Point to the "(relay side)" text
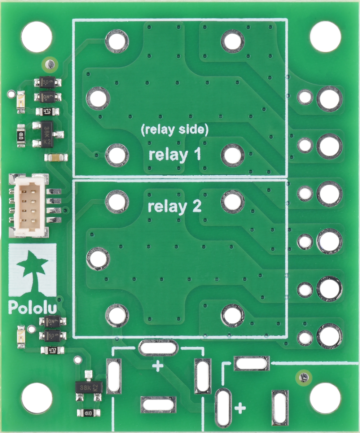pyautogui.click(x=175, y=130)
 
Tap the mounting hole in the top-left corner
pyautogui.click(x=36, y=36)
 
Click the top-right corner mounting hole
pyautogui.click(x=325, y=36)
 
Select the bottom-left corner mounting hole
pyautogui.click(x=36, y=398)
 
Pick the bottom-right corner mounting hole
pyautogui.click(x=325, y=398)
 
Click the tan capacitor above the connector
pyautogui.click(x=56, y=157)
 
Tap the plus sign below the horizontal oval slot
pyautogui.click(x=158, y=367)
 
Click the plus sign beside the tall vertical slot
pyautogui.click(x=240, y=409)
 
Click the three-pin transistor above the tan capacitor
pyautogui.click(x=47, y=134)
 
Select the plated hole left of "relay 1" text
pyautogui.click(x=117, y=156)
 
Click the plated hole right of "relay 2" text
pyautogui.click(x=233, y=201)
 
